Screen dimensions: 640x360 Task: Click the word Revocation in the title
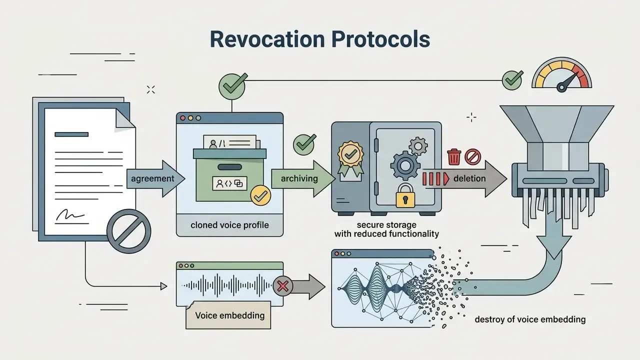(x=267, y=39)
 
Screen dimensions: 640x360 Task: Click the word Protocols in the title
(x=381, y=39)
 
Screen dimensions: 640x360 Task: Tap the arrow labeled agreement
(x=155, y=179)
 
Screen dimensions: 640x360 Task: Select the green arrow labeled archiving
(x=303, y=179)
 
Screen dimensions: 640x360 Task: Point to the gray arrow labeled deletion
(x=464, y=179)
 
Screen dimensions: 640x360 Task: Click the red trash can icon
(x=454, y=156)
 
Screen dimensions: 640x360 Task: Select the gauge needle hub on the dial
(x=561, y=87)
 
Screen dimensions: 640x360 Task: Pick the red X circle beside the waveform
(x=282, y=286)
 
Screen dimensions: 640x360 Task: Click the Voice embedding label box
(x=228, y=315)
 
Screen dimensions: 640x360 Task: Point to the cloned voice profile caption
(x=229, y=225)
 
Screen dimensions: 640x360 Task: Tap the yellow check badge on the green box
(x=260, y=195)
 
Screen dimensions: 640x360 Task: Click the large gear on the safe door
(x=405, y=165)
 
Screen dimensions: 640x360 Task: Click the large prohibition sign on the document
(x=129, y=231)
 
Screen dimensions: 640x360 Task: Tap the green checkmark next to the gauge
(x=512, y=80)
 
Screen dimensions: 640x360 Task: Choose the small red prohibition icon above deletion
(x=472, y=156)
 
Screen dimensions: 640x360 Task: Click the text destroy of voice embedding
(x=530, y=319)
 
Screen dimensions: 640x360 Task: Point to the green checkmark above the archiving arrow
(x=304, y=144)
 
